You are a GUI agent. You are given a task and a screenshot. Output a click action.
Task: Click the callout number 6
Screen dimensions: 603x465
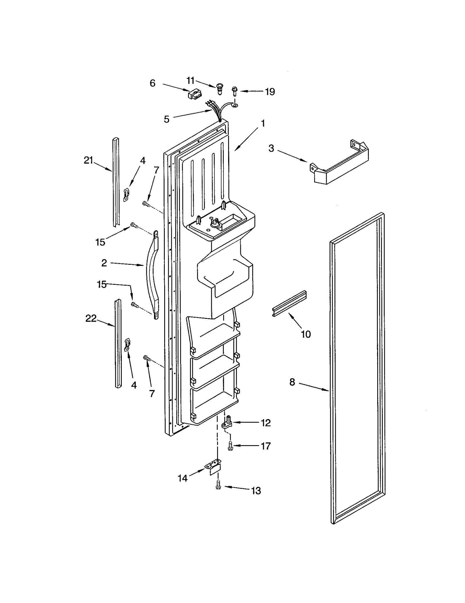click(153, 83)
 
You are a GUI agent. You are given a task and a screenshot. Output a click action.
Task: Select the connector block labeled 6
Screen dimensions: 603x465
click(194, 94)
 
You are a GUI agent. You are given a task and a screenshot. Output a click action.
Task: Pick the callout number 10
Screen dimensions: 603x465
click(306, 334)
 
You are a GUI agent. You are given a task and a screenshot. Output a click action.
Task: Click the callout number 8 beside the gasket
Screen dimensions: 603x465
click(292, 382)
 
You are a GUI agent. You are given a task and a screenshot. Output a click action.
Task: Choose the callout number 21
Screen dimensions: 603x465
click(88, 160)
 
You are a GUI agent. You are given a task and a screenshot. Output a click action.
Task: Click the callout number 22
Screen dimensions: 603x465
click(91, 319)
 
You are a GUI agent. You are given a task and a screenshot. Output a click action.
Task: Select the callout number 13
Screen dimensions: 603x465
click(256, 491)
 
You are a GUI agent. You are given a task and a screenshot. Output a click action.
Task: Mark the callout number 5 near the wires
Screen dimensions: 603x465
click(167, 119)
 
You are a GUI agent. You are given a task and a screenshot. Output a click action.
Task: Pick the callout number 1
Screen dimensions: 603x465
click(263, 124)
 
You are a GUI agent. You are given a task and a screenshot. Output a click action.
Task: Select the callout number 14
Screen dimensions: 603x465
click(183, 478)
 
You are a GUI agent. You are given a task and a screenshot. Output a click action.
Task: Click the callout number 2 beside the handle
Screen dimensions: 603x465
click(104, 263)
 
